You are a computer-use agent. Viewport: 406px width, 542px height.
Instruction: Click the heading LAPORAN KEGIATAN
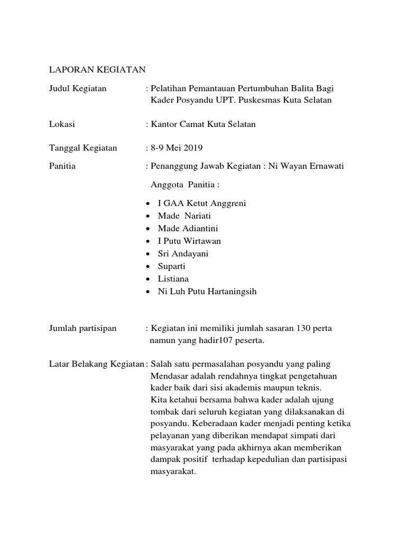(x=97, y=69)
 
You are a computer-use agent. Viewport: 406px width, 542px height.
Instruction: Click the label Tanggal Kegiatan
(x=83, y=148)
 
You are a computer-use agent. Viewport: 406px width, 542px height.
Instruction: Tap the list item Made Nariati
(x=183, y=216)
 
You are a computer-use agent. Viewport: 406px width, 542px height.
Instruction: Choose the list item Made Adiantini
(x=188, y=229)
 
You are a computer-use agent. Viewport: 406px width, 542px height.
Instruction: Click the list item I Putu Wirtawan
(x=189, y=241)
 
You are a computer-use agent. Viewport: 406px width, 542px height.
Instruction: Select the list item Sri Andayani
(x=183, y=254)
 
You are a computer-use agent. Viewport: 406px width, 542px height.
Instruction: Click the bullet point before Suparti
(x=147, y=266)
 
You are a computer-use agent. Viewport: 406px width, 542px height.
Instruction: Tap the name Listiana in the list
(x=173, y=278)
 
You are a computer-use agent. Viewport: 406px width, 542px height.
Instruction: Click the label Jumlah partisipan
(x=82, y=329)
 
